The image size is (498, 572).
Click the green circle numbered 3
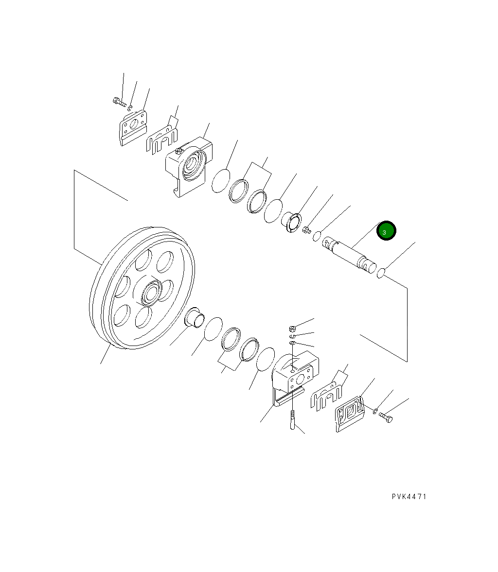tap(386, 230)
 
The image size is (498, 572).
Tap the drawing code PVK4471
tap(409, 497)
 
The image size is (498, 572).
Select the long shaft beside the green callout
tap(349, 255)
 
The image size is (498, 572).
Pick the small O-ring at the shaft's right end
tap(381, 273)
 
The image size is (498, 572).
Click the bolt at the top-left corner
tap(119, 102)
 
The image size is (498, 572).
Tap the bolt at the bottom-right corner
tap(386, 417)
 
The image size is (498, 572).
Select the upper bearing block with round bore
tap(189, 166)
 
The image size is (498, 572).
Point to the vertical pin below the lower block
tap(292, 420)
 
